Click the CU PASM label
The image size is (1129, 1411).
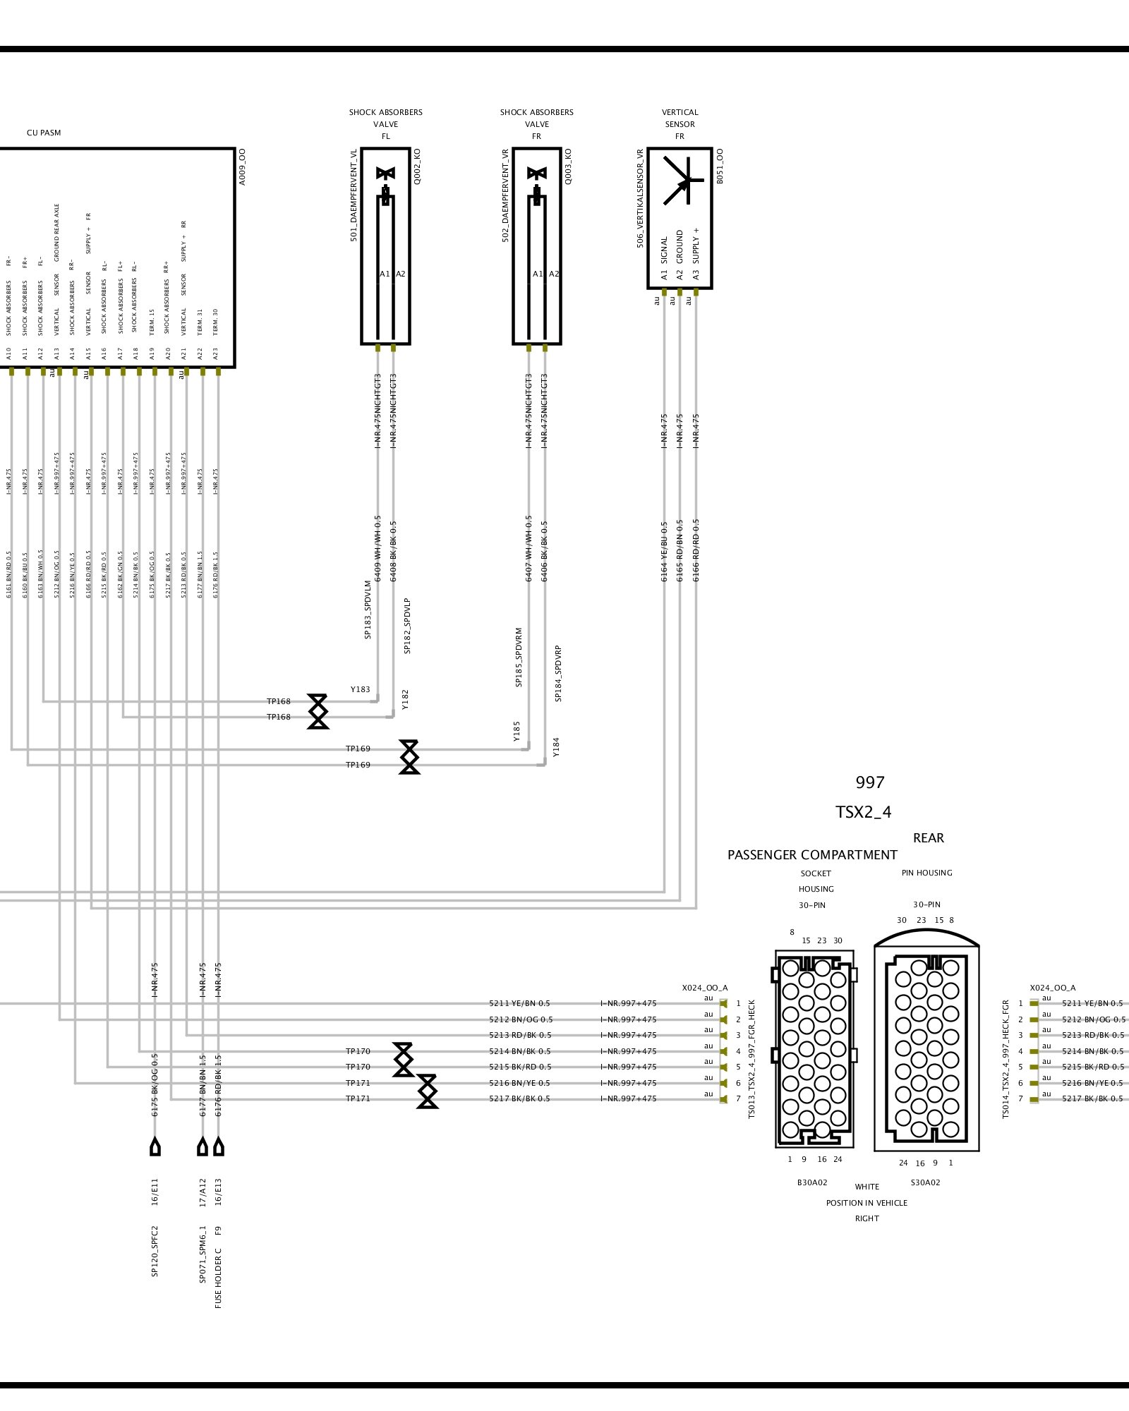pyautogui.click(x=44, y=133)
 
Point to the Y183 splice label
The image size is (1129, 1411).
pyautogui.click(x=360, y=689)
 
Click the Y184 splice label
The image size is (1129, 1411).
pyautogui.click(x=556, y=746)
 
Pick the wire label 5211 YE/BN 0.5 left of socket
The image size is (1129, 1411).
pyautogui.click(x=519, y=1003)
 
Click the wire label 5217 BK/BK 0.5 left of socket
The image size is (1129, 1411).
pyautogui.click(x=519, y=1098)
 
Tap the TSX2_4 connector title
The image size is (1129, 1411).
pyautogui.click(x=863, y=812)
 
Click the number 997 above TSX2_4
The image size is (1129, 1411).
pyautogui.click(x=869, y=782)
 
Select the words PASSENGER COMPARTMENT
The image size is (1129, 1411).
pyautogui.click(x=812, y=855)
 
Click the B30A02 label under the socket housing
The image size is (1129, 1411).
pyautogui.click(x=812, y=1182)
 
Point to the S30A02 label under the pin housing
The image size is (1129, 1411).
pyautogui.click(x=925, y=1182)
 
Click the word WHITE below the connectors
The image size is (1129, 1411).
pyautogui.click(x=867, y=1187)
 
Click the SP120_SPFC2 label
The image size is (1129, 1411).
pyautogui.click(x=155, y=1252)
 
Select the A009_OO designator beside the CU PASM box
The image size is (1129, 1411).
pyautogui.click(x=242, y=167)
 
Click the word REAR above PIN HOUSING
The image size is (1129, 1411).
pyautogui.click(x=928, y=838)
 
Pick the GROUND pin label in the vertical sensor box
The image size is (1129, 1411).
pyautogui.click(x=680, y=246)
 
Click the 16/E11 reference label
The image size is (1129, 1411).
pyautogui.click(x=155, y=1191)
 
